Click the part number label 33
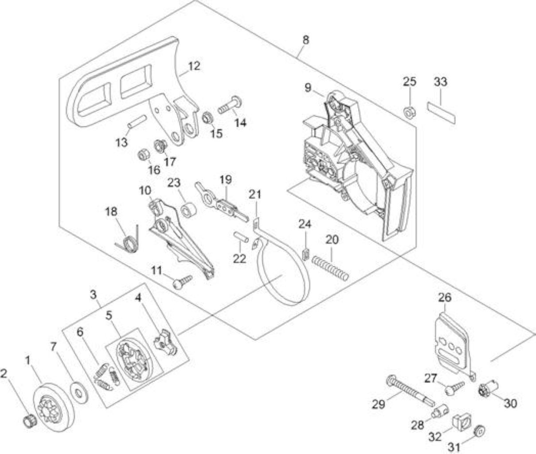(441, 82)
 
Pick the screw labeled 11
(182, 282)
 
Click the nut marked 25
(410, 112)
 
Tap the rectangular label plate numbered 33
(441, 113)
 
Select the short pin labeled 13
(137, 121)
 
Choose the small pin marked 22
(241, 237)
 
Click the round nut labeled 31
(479, 432)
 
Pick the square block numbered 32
(462, 423)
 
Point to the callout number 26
(445, 297)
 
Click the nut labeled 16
(144, 156)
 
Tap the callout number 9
(308, 88)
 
